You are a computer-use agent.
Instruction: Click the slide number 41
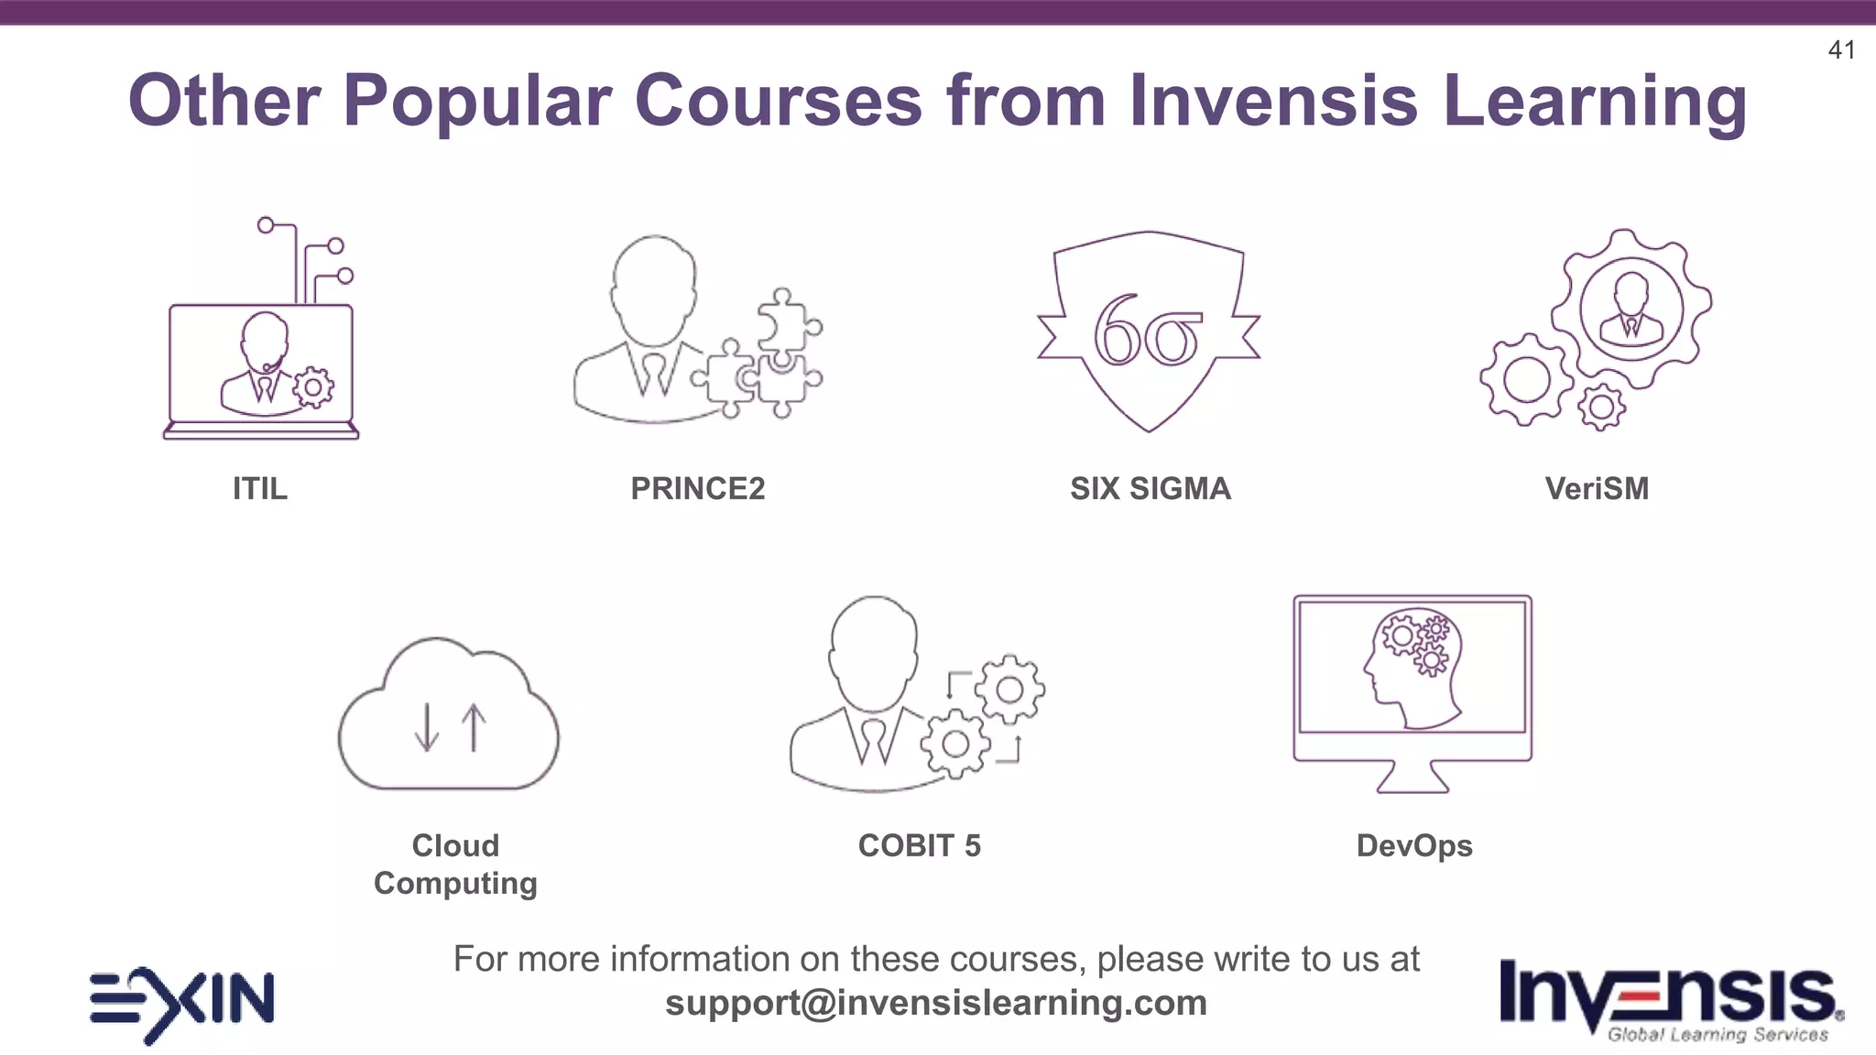point(1841,50)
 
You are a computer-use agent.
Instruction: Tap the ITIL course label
point(260,489)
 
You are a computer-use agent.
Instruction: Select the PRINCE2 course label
point(697,489)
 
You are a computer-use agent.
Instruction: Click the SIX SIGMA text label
point(1151,489)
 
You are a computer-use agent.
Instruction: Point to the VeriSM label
point(1597,489)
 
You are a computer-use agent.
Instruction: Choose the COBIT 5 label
point(919,845)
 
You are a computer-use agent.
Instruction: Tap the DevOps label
point(1414,846)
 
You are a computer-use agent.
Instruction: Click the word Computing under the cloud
point(455,884)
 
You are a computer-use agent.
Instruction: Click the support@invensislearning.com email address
point(936,1003)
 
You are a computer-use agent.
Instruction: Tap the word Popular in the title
point(476,101)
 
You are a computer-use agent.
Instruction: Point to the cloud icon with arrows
point(449,714)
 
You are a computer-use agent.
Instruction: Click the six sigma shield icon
point(1149,332)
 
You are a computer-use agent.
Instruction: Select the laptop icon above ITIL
point(262,366)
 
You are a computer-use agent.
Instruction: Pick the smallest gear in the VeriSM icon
point(1601,408)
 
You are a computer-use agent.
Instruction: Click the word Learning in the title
point(1594,101)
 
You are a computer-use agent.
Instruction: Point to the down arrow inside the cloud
point(426,728)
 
